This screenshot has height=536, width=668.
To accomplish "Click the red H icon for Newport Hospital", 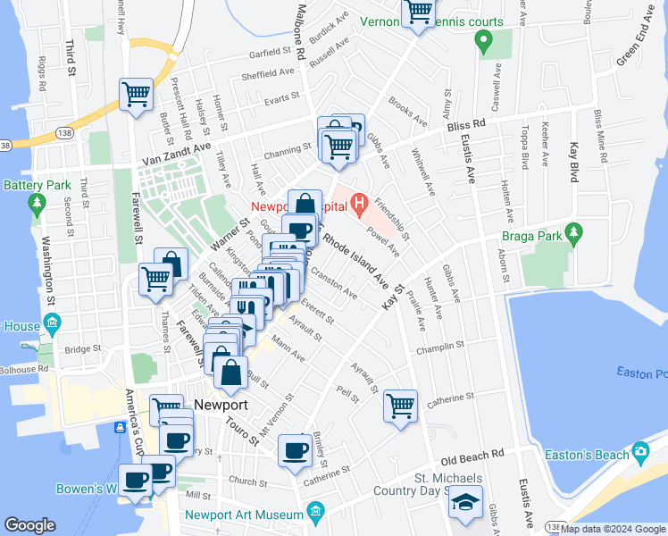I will coord(359,205).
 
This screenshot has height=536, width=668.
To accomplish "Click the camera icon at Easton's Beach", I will coord(639,453).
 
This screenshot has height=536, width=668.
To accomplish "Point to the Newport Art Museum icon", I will coord(314,512).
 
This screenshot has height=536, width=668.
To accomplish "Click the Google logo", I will coord(29,525).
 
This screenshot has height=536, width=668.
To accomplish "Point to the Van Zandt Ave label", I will coord(176,155).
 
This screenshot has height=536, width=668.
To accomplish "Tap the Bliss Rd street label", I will coord(465,123).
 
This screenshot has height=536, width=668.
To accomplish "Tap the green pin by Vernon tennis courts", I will coord(483,40).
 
